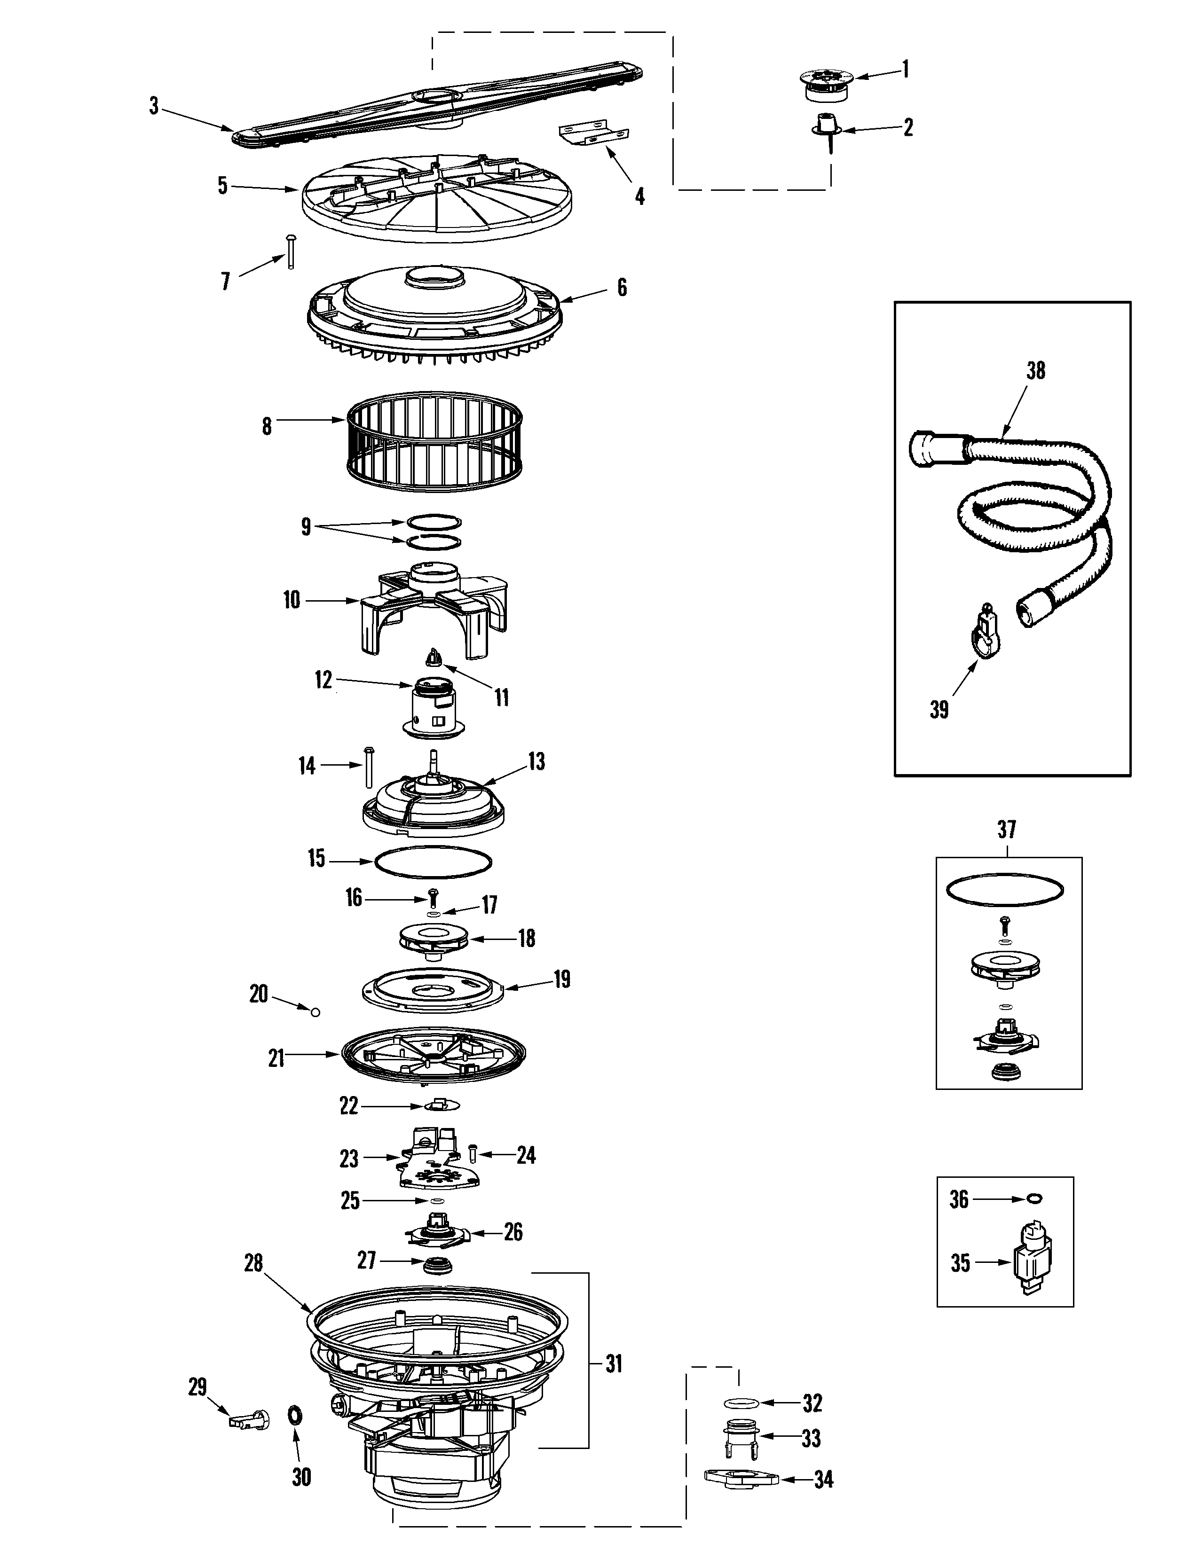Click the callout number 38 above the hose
click(x=1036, y=371)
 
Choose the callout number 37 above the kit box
click(x=1007, y=830)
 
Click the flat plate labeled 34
click(x=741, y=1477)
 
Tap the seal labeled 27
click(x=438, y=1265)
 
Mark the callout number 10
click(x=291, y=601)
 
